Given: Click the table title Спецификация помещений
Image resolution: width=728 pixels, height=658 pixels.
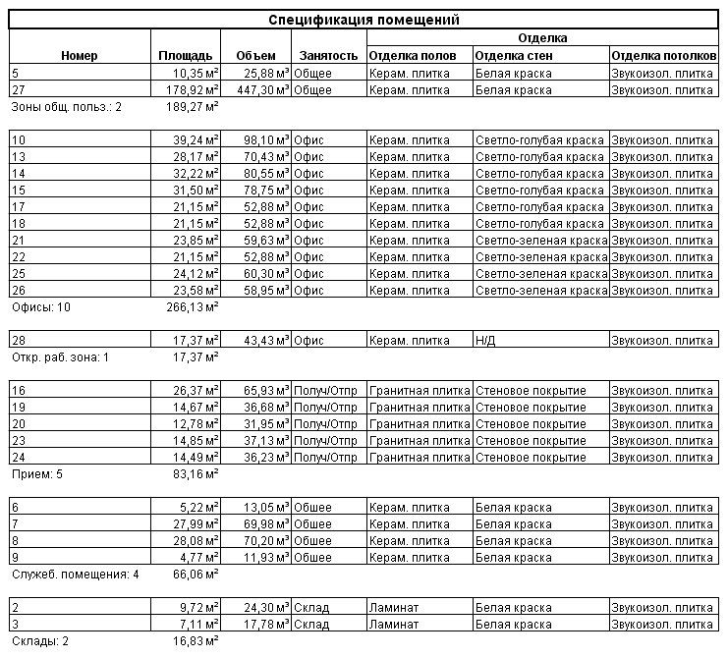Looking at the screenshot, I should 364,20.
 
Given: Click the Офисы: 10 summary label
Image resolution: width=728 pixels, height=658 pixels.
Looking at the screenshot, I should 41,306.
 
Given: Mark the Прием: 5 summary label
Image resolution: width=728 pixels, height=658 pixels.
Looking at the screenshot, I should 37,473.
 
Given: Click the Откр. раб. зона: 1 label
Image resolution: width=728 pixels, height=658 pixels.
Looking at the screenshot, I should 59,356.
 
